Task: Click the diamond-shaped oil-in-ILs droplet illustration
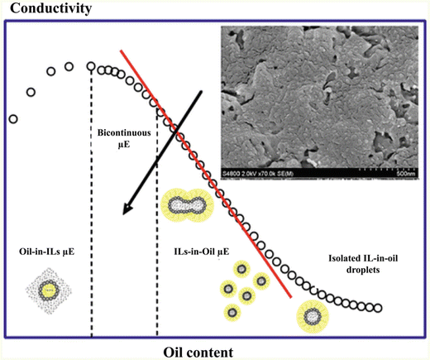51,291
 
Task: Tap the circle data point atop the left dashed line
92,66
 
